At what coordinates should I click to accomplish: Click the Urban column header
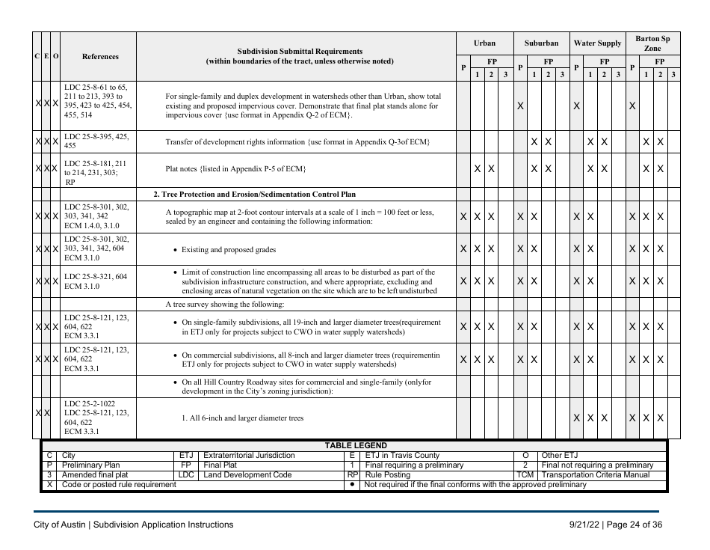(x=484, y=43)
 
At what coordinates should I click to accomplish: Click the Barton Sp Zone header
(x=652, y=43)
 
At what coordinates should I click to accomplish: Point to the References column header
(x=99, y=56)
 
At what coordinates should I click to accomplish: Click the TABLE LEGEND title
(x=355, y=445)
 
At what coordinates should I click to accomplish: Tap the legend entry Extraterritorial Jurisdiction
(x=249, y=455)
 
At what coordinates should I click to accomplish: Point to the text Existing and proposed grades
(x=229, y=249)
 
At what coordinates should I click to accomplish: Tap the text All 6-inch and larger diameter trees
(x=243, y=418)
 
